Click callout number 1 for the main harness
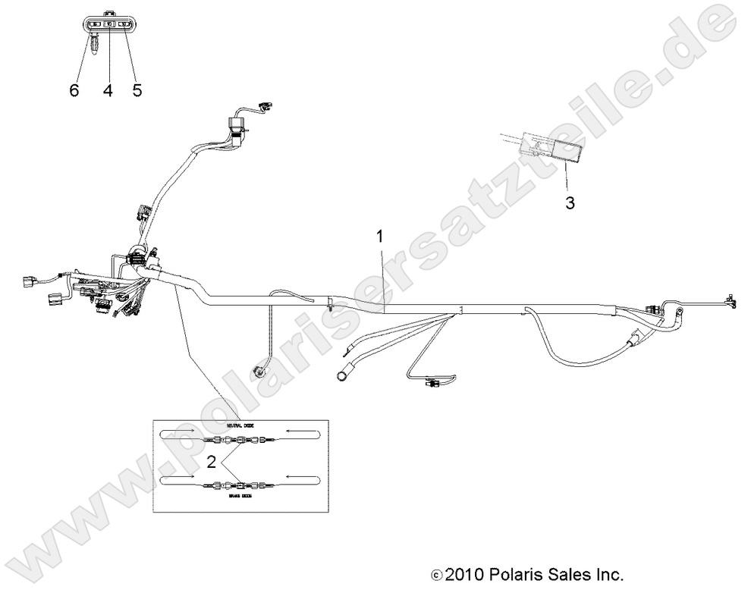pyautogui.click(x=380, y=237)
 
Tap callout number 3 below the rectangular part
pyautogui.click(x=570, y=203)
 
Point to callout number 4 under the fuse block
pyautogui.click(x=108, y=90)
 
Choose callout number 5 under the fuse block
pyautogui.click(x=137, y=90)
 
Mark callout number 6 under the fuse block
pyautogui.click(x=74, y=90)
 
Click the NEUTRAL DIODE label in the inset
pyautogui.click(x=240, y=426)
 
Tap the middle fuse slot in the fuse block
pyautogui.click(x=108, y=25)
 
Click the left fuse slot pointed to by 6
pyautogui.click(x=94, y=25)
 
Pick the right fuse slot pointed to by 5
pyautogui.click(x=124, y=25)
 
